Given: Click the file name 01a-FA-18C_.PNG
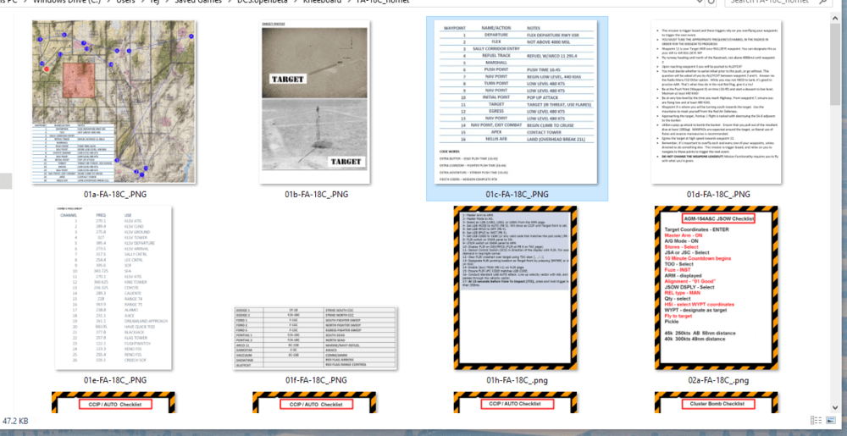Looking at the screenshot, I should click(115, 195).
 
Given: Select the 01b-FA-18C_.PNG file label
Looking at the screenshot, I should click(316, 195).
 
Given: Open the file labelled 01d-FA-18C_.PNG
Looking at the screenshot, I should click(716, 195).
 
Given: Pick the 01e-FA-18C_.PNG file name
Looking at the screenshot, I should click(115, 380).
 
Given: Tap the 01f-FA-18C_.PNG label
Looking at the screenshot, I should click(316, 380).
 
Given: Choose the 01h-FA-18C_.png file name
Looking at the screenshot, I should click(516, 380).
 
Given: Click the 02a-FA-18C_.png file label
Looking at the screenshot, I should click(716, 380).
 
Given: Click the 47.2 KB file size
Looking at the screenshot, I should click(15, 421).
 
